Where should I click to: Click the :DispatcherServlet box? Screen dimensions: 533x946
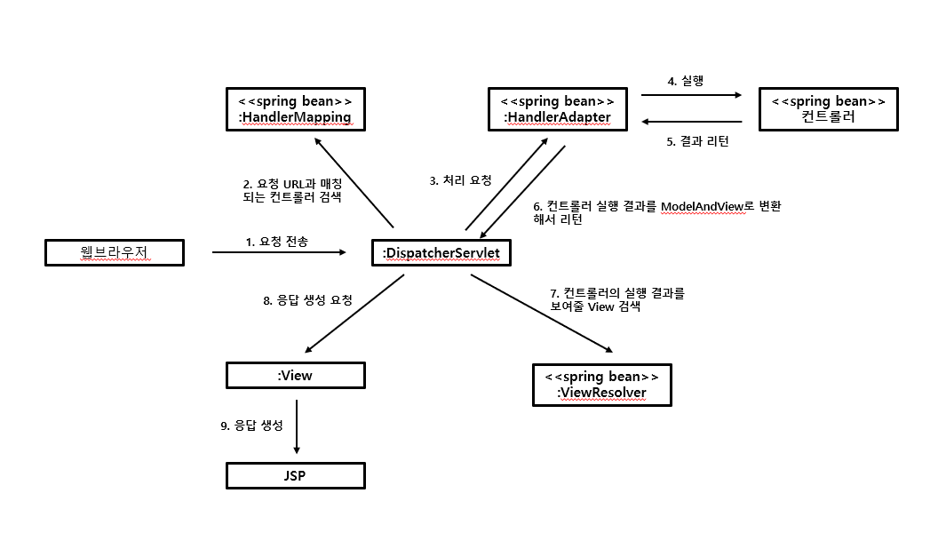[441, 253]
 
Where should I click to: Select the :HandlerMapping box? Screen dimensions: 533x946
[295, 108]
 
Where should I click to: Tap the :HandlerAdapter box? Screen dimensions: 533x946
[558, 108]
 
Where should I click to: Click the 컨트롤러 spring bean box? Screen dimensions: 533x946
[828, 108]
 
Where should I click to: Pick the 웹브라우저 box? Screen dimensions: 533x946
[115, 253]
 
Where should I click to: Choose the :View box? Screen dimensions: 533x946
[295, 375]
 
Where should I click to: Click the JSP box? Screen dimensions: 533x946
[295, 475]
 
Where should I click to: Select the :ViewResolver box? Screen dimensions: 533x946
[601, 385]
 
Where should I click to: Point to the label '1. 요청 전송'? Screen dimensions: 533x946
[276, 241]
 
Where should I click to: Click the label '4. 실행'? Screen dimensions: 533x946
[685, 81]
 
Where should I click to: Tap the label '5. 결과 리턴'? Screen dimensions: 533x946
[698, 141]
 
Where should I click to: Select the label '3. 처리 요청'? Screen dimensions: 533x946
[460, 180]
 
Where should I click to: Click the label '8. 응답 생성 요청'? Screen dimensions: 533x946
[307, 300]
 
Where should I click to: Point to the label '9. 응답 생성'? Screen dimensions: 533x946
[251, 426]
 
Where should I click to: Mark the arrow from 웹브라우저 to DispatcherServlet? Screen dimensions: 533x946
[278, 252]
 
